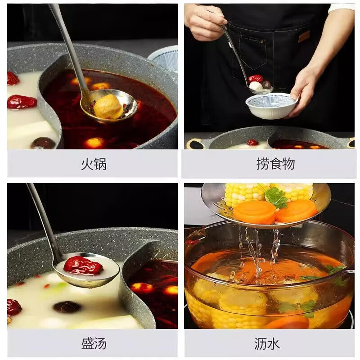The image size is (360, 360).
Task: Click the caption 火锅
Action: point(93,164)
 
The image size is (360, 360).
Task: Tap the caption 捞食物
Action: point(275,164)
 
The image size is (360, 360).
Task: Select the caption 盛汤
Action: point(94,344)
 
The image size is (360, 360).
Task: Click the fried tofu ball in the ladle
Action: point(108,107)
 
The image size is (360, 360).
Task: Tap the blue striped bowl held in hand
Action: point(270,105)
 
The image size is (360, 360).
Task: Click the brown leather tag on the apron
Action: point(304,36)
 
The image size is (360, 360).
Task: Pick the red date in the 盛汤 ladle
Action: point(83,265)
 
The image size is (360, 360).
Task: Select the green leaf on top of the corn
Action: point(276,197)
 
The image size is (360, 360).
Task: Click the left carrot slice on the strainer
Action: point(254,211)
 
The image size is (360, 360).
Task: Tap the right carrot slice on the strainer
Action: point(297,210)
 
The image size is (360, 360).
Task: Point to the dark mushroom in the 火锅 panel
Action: point(43,143)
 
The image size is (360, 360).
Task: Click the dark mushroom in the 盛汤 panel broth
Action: point(67,307)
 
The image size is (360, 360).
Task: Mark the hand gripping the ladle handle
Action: point(205,20)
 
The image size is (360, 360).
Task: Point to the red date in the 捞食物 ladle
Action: point(255,79)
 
